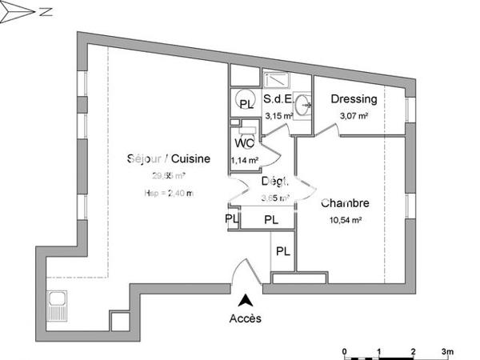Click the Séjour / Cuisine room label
(x=168, y=158)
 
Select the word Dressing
(x=353, y=100)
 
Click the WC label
(x=245, y=144)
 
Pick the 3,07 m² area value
(x=353, y=116)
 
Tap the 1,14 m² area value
(x=244, y=160)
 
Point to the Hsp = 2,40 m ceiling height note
(x=168, y=193)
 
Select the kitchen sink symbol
(x=58, y=304)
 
